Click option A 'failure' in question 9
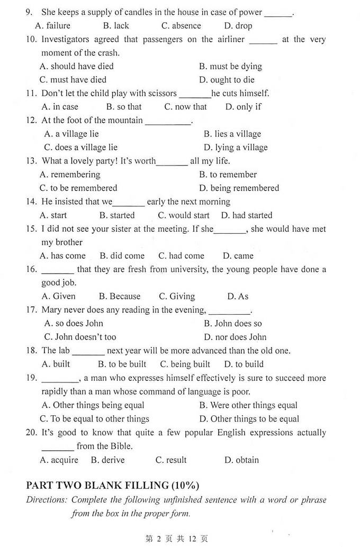pos(52,25)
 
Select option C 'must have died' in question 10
pos(73,80)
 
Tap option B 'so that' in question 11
pos(124,107)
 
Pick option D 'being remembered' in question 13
pos(239,188)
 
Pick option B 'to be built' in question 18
pos(122,364)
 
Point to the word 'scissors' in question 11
pos(161,93)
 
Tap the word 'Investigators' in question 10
pos(67,39)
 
